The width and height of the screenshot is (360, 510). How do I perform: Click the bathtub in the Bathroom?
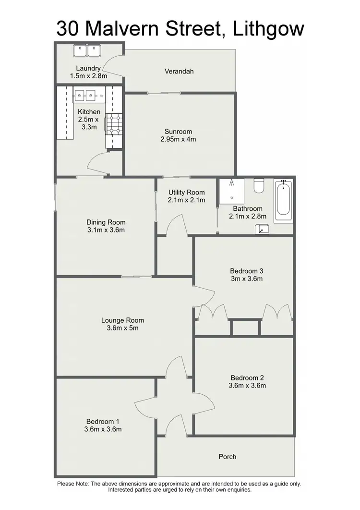[283, 201]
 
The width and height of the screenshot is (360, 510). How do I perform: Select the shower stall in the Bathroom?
[231, 192]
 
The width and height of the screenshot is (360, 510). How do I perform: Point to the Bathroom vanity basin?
[262, 229]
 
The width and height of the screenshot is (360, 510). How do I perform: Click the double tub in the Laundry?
[87, 49]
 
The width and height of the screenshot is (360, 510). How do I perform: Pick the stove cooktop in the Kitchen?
[115, 123]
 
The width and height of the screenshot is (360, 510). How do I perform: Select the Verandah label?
[179, 72]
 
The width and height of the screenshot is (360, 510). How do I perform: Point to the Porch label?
[227, 456]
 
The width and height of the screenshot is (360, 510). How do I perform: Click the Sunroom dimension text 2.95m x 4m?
[178, 139]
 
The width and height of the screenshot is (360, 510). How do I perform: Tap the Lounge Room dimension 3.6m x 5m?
[122, 328]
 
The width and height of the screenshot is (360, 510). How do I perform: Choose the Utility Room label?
[186, 192]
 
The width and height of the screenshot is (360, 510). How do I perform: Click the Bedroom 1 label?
[104, 421]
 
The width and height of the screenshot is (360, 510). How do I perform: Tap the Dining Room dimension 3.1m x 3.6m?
[106, 230]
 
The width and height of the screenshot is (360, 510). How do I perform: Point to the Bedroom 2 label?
[247, 377]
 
